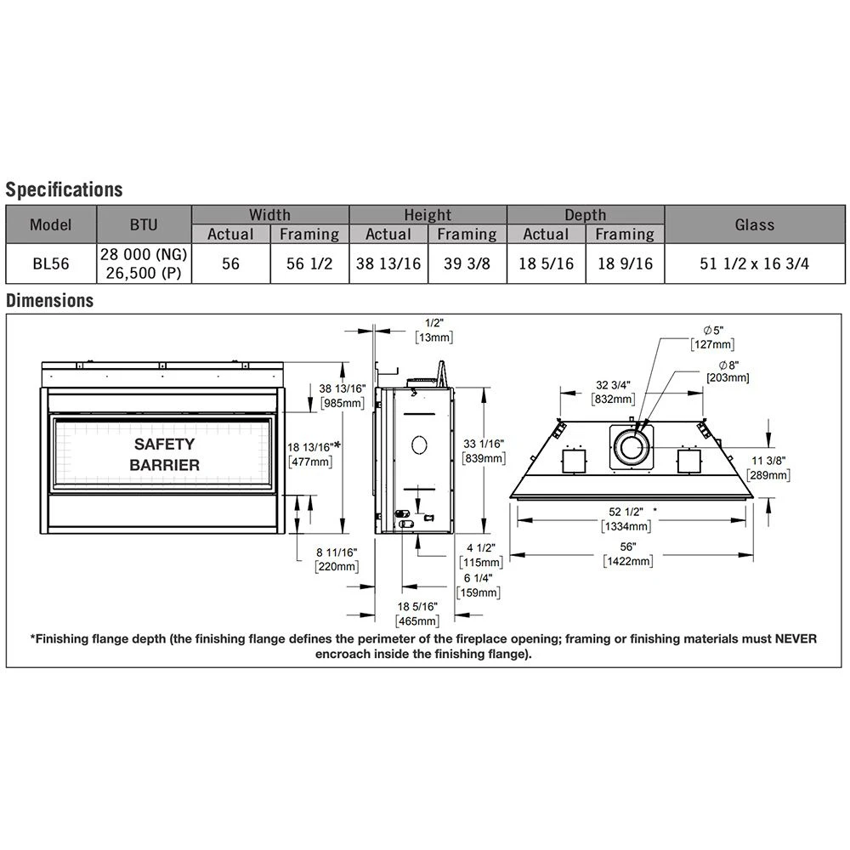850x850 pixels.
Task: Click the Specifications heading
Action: pos(64,190)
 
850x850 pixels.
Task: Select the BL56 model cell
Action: pos(51,263)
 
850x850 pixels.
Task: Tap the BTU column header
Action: pos(144,224)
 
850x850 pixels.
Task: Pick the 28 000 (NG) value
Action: pos(144,253)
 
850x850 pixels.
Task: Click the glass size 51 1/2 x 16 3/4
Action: pos(754,263)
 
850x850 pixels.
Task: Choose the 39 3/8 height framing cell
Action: pos(467,263)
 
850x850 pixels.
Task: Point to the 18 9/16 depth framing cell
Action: pos(625,263)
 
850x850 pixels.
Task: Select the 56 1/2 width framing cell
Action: pos(309,263)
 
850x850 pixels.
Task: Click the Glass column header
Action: pos(755,224)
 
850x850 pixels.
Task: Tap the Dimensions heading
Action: pos(50,300)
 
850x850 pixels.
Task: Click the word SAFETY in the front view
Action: pos(164,444)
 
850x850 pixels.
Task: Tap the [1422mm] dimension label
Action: pos(628,561)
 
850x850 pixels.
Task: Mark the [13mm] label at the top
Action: pos(433,337)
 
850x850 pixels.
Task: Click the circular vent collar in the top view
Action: pos(632,448)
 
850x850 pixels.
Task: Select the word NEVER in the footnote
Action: pos(796,638)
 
